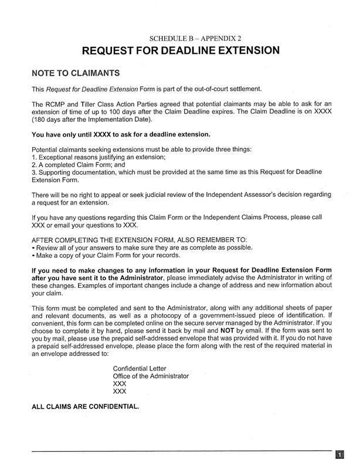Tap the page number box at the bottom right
coord(339,455)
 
